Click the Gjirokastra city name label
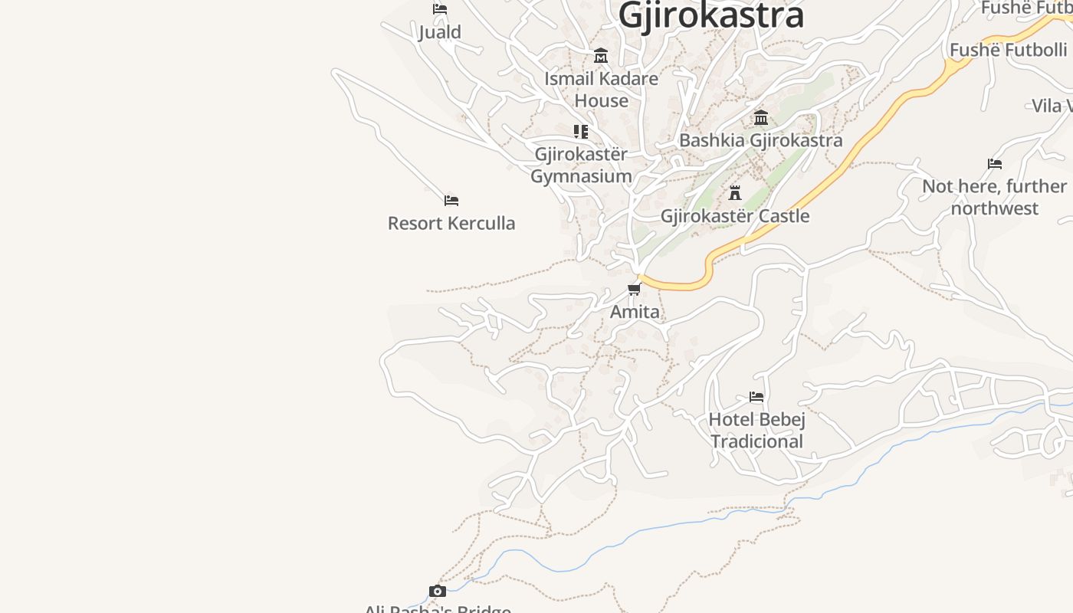coord(711,15)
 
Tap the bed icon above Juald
coord(440,9)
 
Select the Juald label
coord(440,32)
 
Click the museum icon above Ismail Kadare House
coord(601,56)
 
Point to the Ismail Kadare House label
coord(601,90)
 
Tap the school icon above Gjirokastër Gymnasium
coord(581,132)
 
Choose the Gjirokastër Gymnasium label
coord(581,165)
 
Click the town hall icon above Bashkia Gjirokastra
coord(761,118)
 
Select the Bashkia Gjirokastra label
coord(761,140)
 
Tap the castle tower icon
coord(735,192)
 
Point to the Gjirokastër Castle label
coord(735,216)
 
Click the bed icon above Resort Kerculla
coord(451,201)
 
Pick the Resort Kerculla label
coord(451,224)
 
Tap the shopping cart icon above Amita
coord(635,289)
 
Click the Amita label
coord(635,312)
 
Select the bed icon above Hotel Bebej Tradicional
coord(756,397)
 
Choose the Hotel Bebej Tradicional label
coord(756,431)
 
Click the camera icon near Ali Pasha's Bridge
coord(438,591)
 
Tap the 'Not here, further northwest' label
coord(994,197)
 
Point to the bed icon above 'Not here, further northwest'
coord(995,163)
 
